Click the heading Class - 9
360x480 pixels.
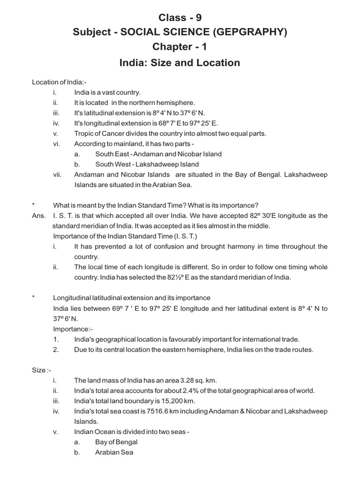coord(180,18)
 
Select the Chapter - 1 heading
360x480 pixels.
coord(180,47)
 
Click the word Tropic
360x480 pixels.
coord(84,134)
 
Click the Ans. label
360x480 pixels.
coord(39,216)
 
